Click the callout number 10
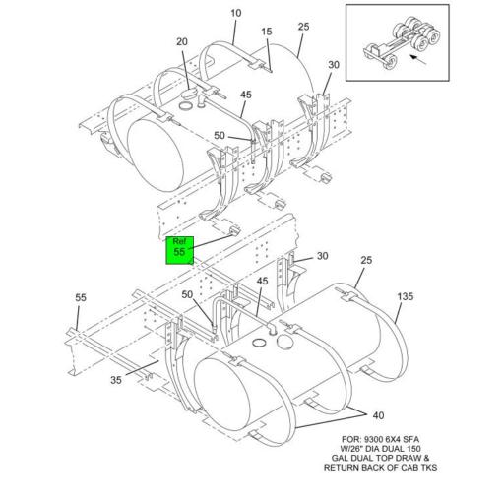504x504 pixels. click(x=236, y=13)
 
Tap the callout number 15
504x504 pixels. click(x=267, y=32)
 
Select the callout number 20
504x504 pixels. click(x=182, y=41)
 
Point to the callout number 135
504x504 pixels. click(x=405, y=296)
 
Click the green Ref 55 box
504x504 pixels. click(x=179, y=247)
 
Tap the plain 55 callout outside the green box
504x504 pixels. click(x=81, y=297)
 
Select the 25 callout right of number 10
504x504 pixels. click(x=304, y=27)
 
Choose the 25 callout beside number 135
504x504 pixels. click(x=366, y=261)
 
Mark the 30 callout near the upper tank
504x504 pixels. click(x=335, y=65)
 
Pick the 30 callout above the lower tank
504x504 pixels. click(x=322, y=257)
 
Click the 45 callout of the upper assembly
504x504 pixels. click(x=244, y=95)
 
